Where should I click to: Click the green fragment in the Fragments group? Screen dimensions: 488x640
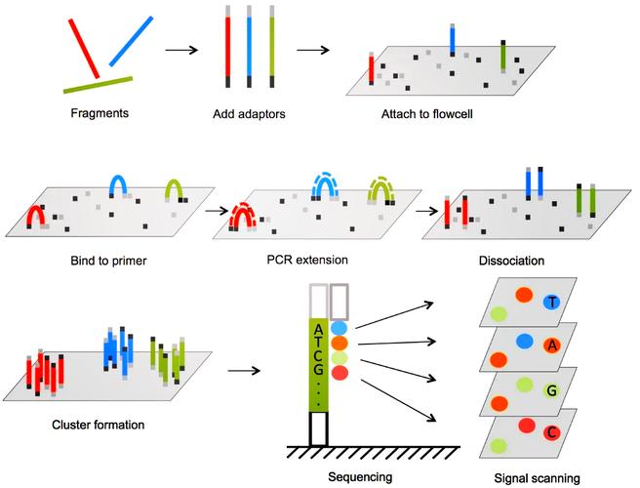pos(99,85)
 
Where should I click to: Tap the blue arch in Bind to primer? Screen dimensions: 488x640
pos(119,184)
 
